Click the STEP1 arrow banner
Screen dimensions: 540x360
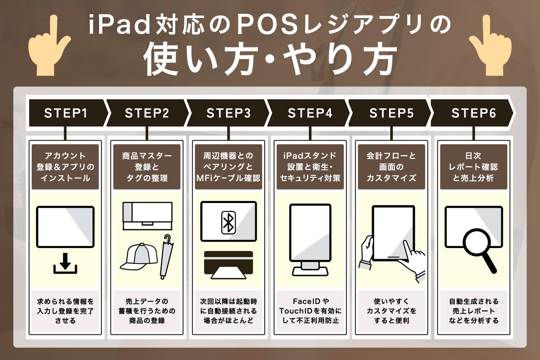point(68,113)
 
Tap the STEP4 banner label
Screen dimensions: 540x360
point(310,113)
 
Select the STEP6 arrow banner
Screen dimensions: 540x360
point(472,113)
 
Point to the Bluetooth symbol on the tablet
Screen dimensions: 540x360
point(228,223)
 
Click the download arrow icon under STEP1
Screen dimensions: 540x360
point(65,264)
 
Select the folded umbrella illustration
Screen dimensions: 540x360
point(167,257)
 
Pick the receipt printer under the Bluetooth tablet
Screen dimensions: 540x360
point(229,265)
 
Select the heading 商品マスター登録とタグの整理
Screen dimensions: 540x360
point(147,167)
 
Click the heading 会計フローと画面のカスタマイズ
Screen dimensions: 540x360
point(391,167)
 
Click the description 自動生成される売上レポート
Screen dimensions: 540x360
point(474,306)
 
